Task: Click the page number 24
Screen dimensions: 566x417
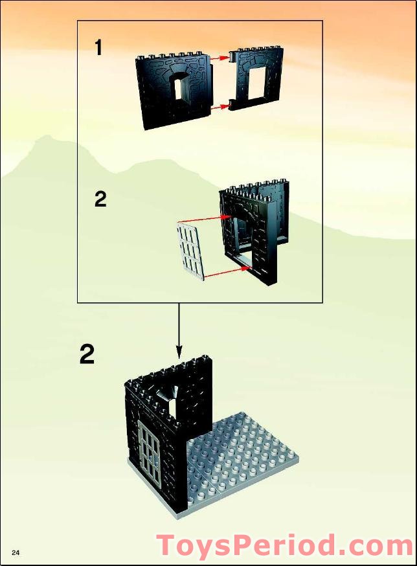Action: click(x=16, y=552)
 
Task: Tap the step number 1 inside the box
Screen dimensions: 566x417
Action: click(x=98, y=47)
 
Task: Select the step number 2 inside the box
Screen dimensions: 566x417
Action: click(x=100, y=199)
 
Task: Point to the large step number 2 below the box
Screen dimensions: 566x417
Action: click(x=87, y=354)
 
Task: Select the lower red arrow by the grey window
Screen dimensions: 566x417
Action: click(x=227, y=271)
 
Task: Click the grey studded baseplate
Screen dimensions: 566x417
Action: click(x=246, y=460)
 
